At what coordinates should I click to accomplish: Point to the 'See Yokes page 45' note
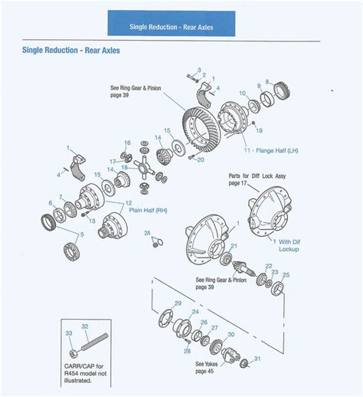tap(208, 366)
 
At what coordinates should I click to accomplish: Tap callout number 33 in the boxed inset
tap(68, 333)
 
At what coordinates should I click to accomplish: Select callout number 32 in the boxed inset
tap(85, 326)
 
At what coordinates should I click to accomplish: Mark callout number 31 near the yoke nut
tap(257, 359)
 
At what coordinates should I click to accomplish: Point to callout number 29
tap(178, 304)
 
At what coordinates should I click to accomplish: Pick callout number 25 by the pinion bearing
tap(286, 274)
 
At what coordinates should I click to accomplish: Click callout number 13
tap(92, 220)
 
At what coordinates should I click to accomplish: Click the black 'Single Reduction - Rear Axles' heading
tap(70, 51)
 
